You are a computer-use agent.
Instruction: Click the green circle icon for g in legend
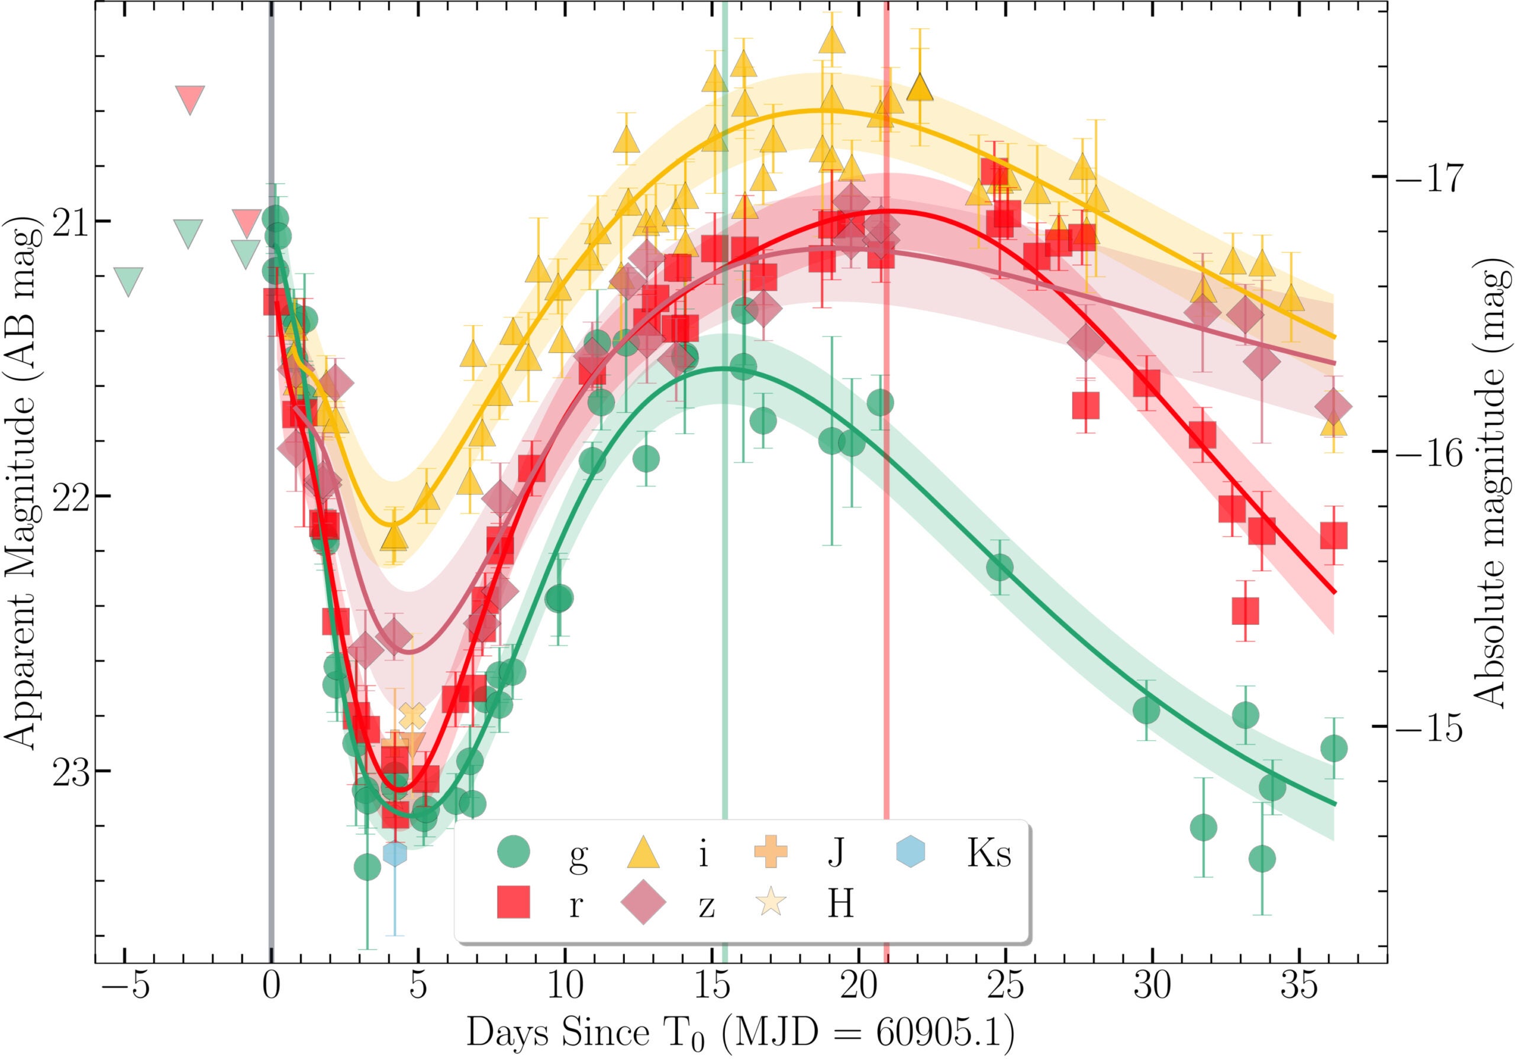point(513,853)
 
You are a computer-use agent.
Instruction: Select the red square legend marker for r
point(513,901)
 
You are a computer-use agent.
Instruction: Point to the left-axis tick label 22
point(70,497)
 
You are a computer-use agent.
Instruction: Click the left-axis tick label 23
point(70,772)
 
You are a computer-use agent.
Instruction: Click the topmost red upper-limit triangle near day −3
point(190,99)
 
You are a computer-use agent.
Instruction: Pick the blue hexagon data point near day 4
point(395,854)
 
